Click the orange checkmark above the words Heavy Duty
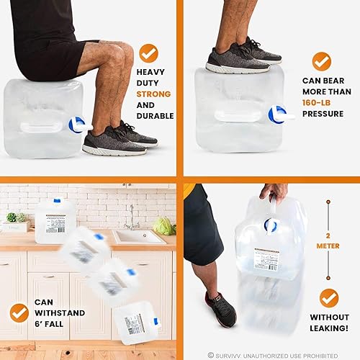pos(148,53)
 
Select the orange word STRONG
pos(155,94)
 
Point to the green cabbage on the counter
pos(164,226)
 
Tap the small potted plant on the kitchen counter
pos(12,218)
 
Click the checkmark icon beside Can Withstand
pos(19,312)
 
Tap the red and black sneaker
pos(220,310)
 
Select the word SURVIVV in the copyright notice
pos(233,354)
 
